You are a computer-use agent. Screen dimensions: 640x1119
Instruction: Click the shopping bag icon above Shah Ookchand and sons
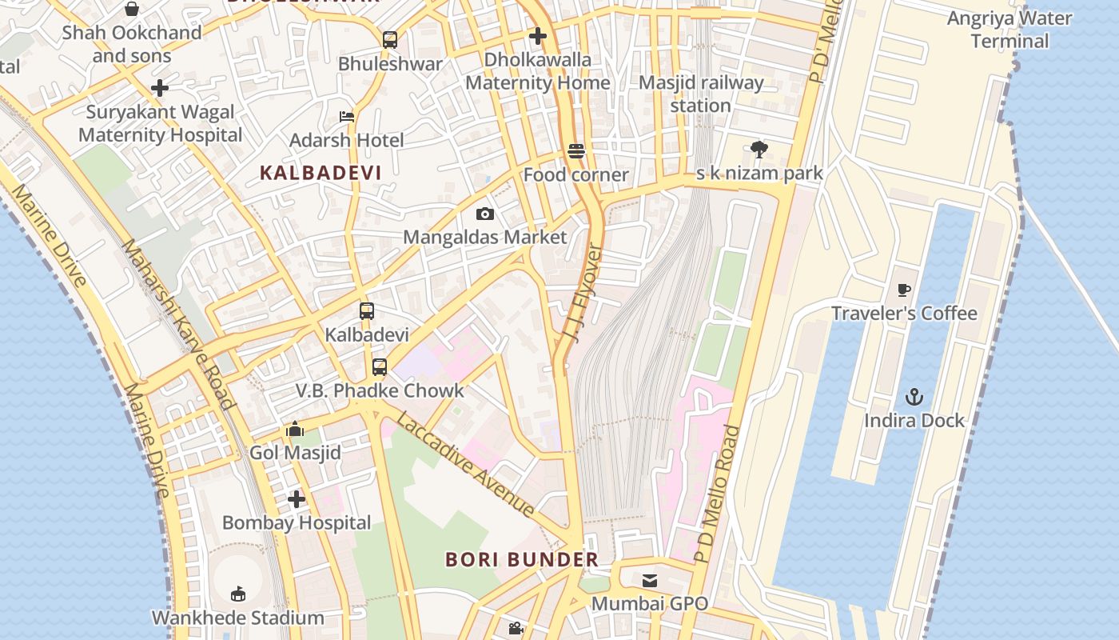tap(132, 9)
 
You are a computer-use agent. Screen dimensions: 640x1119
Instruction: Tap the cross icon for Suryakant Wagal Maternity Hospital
tap(160, 88)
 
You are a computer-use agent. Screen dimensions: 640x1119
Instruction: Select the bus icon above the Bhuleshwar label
tap(390, 40)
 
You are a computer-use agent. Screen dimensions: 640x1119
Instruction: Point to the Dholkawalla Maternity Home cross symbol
tap(538, 36)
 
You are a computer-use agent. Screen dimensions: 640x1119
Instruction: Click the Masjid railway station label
tap(701, 94)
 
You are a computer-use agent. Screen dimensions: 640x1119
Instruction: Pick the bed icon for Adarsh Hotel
tap(347, 117)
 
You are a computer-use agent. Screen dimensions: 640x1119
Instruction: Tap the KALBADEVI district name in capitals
tap(321, 172)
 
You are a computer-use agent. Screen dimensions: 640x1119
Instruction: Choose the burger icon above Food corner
tap(576, 151)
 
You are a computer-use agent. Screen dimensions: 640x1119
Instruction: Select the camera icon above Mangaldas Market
tap(484, 214)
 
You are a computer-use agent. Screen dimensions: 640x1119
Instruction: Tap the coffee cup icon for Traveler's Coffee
tap(904, 290)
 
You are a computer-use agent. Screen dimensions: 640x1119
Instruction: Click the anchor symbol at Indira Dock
tap(914, 397)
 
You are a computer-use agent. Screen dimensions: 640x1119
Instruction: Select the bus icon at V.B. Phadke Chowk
tap(380, 367)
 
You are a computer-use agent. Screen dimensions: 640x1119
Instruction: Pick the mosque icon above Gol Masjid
tap(295, 430)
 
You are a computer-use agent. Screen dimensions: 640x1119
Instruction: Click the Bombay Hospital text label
tap(297, 522)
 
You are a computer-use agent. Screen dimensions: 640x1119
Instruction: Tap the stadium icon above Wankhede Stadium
tap(237, 594)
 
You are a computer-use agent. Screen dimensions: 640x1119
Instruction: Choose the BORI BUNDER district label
tap(521, 559)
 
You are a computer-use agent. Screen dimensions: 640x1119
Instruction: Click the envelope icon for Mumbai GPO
tap(650, 580)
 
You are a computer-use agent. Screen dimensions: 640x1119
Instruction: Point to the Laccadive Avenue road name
tap(466, 465)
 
